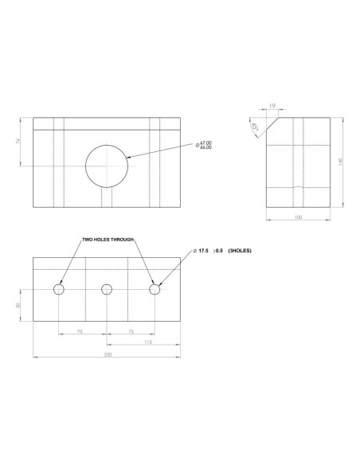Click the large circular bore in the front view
click(x=109, y=165)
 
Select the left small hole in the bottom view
click(x=60, y=289)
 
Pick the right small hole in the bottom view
click(x=155, y=289)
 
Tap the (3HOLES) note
click(x=240, y=251)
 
